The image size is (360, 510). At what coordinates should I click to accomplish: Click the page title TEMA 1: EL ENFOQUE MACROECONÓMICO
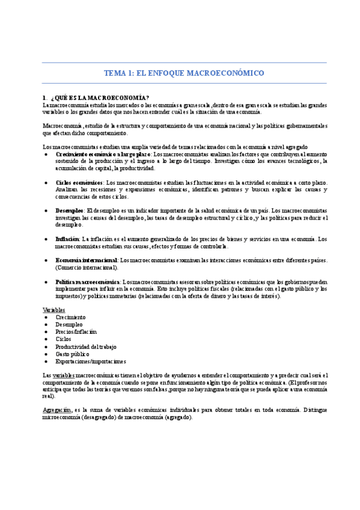point(184,73)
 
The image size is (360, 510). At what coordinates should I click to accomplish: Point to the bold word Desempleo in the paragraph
point(70,210)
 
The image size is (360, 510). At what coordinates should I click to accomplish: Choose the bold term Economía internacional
point(86,260)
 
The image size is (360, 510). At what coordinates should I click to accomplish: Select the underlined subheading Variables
point(55,310)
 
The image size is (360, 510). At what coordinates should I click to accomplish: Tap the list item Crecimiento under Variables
point(72,317)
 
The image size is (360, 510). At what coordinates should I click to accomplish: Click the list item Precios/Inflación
point(76,332)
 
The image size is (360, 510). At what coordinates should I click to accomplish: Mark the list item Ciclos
point(63,339)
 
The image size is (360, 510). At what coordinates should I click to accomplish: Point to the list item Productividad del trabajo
point(86,346)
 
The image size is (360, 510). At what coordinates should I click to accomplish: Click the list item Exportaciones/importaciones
point(91,361)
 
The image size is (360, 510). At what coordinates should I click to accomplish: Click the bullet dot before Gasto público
point(47,354)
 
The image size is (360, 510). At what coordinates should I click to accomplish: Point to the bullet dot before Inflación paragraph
point(47,239)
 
